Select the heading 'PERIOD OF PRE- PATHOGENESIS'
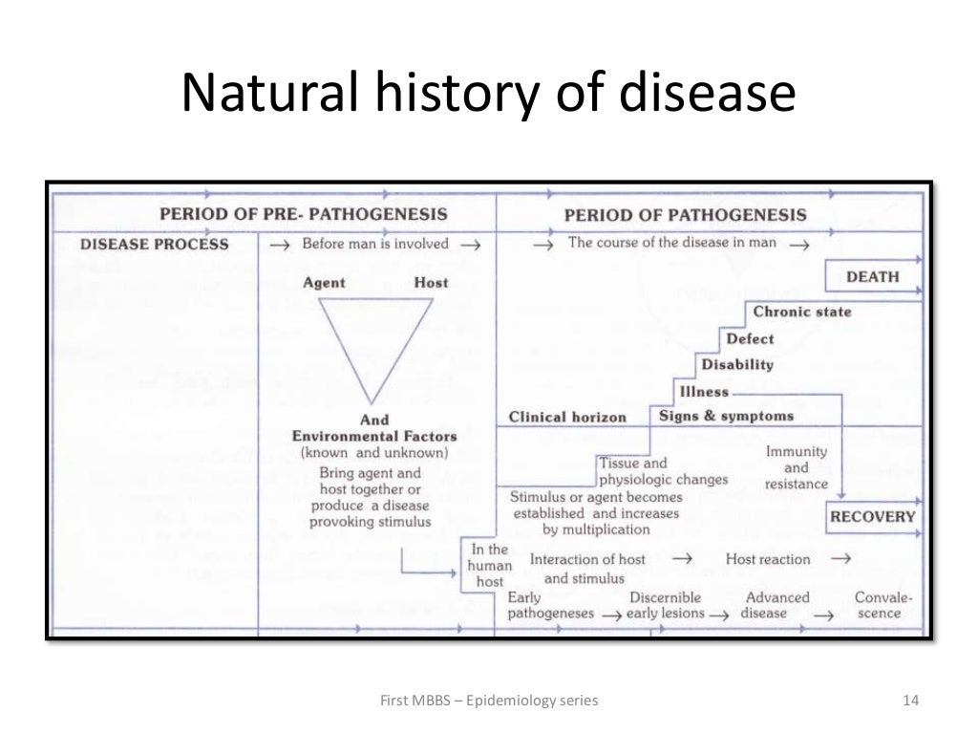click(x=303, y=214)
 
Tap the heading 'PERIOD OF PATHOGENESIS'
click(x=685, y=215)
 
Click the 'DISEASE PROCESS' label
click(x=155, y=244)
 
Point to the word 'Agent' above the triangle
click(x=324, y=283)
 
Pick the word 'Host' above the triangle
click(x=431, y=283)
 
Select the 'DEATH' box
click(x=872, y=277)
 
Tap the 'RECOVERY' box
click(x=872, y=517)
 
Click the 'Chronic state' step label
click(x=801, y=312)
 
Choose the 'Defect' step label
click(x=750, y=338)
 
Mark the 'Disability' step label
click(x=737, y=364)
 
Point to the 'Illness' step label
click(x=704, y=391)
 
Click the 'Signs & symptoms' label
click(x=726, y=416)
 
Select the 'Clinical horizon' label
click(x=567, y=417)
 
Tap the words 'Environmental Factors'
click(x=374, y=436)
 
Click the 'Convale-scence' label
click(x=882, y=605)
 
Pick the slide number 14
click(x=909, y=701)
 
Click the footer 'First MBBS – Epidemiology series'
click(x=489, y=701)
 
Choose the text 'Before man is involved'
click(x=374, y=244)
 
